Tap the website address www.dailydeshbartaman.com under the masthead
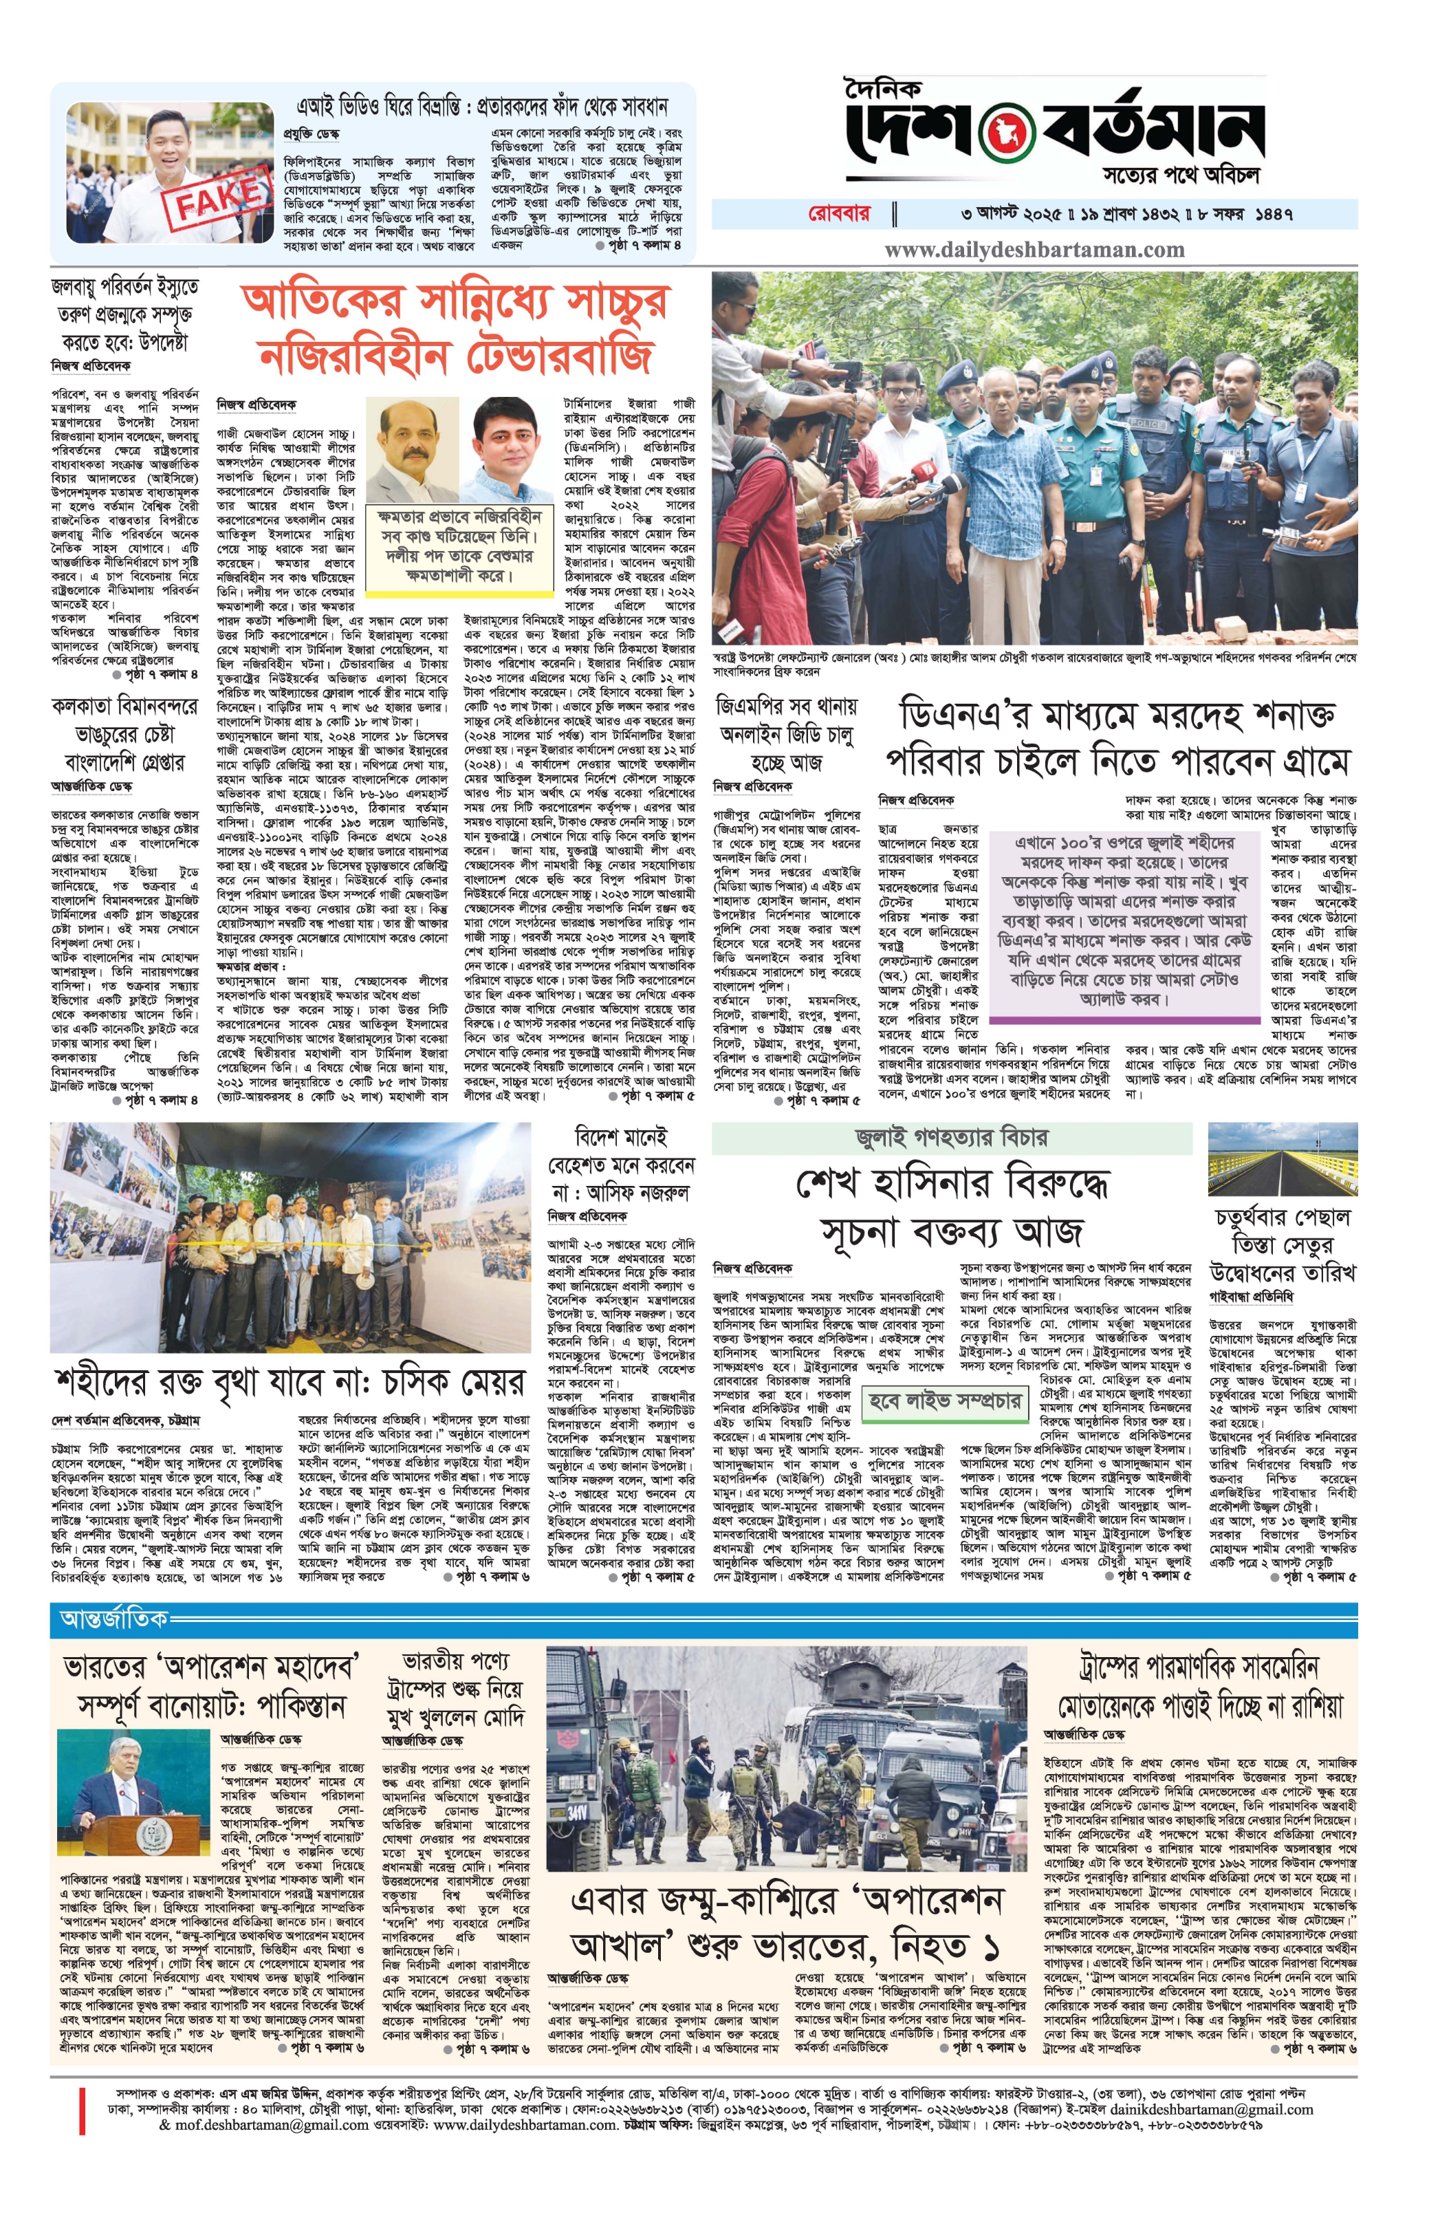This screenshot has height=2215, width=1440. pos(1034,250)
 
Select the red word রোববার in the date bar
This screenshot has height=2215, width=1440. pos(838,213)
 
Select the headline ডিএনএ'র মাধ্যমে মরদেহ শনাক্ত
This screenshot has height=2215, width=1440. pos(1116,715)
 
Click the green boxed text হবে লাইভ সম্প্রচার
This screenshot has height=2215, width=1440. pos(944,1401)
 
